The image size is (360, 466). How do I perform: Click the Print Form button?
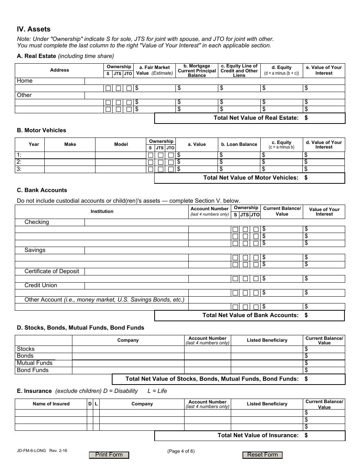(109, 455)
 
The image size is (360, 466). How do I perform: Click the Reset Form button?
(262, 455)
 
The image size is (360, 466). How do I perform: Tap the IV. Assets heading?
(34, 29)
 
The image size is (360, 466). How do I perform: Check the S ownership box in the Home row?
(108, 88)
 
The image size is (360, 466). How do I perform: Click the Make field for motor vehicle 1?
(70, 155)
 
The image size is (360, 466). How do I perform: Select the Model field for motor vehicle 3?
(121, 169)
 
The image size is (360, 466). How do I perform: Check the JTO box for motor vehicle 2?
(171, 163)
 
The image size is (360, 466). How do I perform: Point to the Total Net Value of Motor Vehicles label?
(250, 178)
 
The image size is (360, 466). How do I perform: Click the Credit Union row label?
(41, 285)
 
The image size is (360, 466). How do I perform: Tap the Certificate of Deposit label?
(52, 271)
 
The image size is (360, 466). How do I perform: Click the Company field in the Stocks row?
(128, 349)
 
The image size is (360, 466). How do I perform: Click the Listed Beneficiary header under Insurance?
(267, 404)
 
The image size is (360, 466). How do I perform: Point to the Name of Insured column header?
(51, 404)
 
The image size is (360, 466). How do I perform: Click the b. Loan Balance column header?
(239, 144)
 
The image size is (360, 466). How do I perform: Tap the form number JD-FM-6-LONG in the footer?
(31, 451)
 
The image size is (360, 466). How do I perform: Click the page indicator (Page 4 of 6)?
(181, 451)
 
